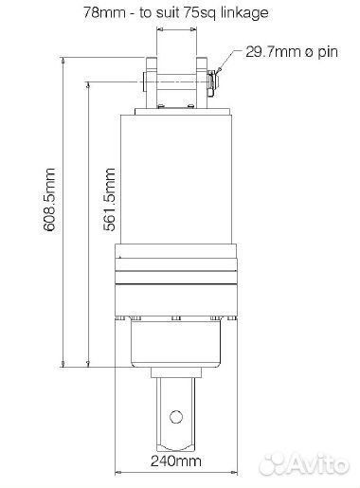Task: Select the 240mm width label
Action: click(x=174, y=462)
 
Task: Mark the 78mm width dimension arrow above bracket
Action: click(x=175, y=29)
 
